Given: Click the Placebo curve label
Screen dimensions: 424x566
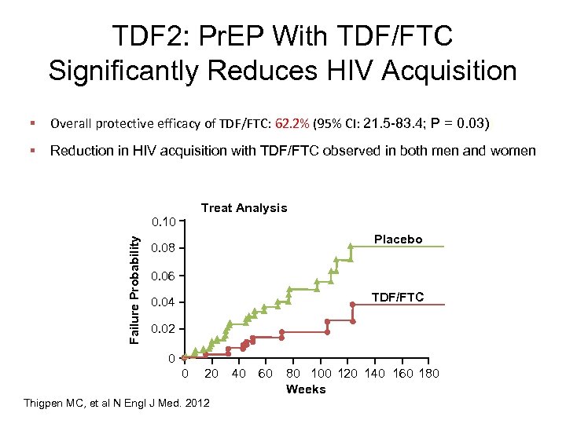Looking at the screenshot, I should tap(398, 239).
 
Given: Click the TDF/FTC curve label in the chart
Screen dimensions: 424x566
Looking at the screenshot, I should tap(397, 297).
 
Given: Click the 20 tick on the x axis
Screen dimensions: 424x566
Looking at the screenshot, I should tap(211, 374).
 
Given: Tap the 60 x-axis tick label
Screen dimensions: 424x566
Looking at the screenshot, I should tap(266, 374).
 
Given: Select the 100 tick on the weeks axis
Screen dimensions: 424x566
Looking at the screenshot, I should tap(322, 374).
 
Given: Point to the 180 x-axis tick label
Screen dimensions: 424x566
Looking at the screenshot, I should tap(428, 374).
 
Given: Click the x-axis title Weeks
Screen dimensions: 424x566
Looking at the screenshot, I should tap(306, 389).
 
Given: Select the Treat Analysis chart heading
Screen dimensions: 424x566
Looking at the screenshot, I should tap(244, 208).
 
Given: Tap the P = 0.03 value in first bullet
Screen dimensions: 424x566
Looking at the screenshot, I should tap(460, 123).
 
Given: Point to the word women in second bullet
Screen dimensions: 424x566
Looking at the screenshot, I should tap(512, 151).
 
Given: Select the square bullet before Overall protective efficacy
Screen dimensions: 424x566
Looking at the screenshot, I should tap(34, 123).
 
